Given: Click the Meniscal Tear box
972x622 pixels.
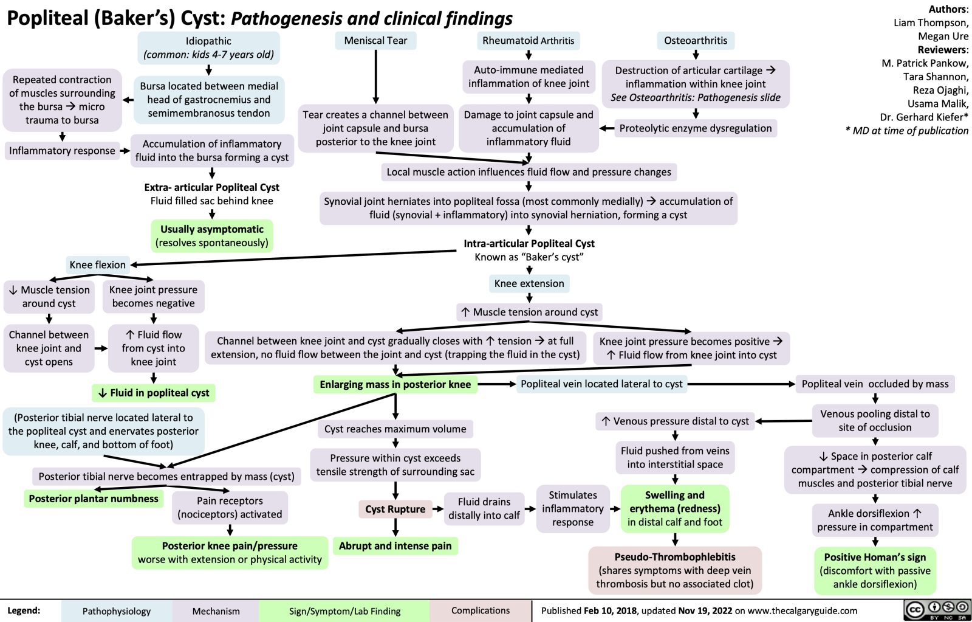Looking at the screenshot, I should tap(375, 41).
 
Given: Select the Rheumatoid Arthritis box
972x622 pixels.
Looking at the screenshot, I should tap(528, 41).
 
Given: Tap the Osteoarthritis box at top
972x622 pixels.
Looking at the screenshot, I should tap(695, 41).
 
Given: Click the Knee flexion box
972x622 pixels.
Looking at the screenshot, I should tap(97, 264).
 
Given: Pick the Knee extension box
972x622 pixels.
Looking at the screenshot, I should tap(529, 283).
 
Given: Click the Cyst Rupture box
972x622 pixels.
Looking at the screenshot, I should tap(395, 509).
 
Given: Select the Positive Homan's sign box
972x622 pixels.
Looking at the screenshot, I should tap(875, 570).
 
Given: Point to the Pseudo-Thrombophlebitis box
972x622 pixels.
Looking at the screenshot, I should tap(674, 570).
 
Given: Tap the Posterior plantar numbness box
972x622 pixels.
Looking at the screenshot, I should tap(94, 499).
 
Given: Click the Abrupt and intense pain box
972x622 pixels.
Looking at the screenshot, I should tap(395, 546).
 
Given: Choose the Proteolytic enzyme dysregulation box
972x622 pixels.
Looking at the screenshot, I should tap(695, 128).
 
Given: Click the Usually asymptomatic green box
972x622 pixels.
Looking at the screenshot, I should tap(211, 236).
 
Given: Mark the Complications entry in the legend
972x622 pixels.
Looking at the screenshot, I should tap(481, 610).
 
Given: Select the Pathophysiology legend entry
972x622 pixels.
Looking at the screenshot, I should tap(117, 611).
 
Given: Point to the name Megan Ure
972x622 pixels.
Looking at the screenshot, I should tap(943, 36).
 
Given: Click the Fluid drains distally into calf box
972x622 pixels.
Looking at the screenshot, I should tap(484, 508).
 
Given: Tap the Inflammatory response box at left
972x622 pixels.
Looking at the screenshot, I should tap(62, 151).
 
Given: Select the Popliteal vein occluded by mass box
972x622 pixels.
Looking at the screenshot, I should tap(875, 384).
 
